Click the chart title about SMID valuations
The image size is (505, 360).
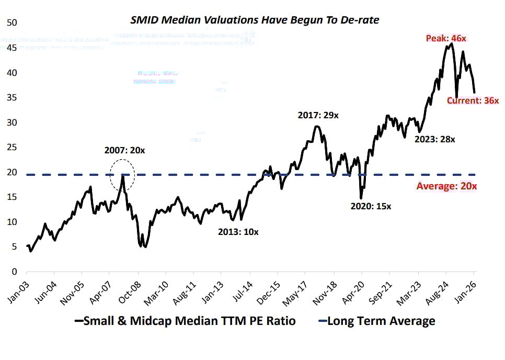(x=255, y=20)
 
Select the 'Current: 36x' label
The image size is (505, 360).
(x=473, y=100)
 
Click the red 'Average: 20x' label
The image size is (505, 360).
(x=446, y=186)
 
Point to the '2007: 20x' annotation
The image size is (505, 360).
(x=124, y=150)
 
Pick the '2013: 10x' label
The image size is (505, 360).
(x=238, y=232)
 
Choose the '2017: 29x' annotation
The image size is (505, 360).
(x=318, y=115)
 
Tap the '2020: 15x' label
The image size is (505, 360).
(x=371, y=206)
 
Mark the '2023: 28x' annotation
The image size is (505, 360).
(x=434, y=140)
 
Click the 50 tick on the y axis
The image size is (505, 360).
(x=12, y=23)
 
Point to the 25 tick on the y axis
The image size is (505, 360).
(x=12, y=148)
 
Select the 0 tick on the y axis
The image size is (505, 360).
(x=14, y=272)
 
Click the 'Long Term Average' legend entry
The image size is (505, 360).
(x=381, y=321)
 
